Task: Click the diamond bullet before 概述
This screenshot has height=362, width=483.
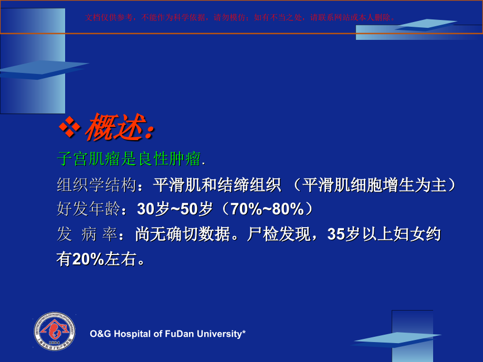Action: (x=69, y=126)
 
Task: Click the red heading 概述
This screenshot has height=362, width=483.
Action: (x=118, y=127)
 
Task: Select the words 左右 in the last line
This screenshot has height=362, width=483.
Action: (x=120, y=259)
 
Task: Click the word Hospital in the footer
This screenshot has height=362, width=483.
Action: (x=132, y=334)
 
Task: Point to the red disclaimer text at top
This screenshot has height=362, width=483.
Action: (x=241, y=17)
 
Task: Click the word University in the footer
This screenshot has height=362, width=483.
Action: (x=223, y=334)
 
